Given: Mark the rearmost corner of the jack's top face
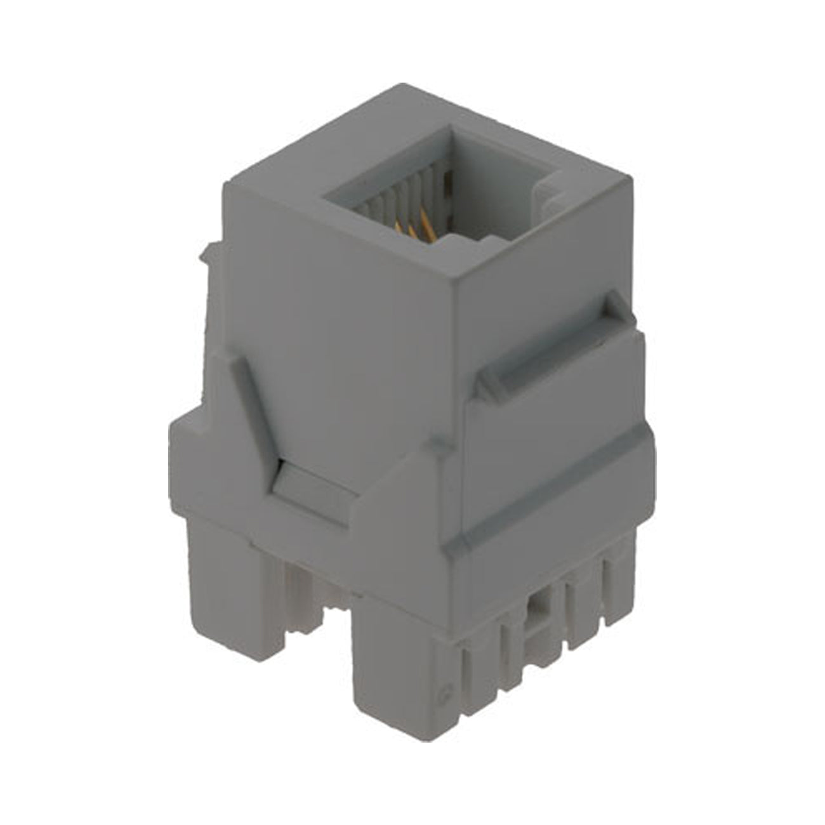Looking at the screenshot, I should click(399, 86).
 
